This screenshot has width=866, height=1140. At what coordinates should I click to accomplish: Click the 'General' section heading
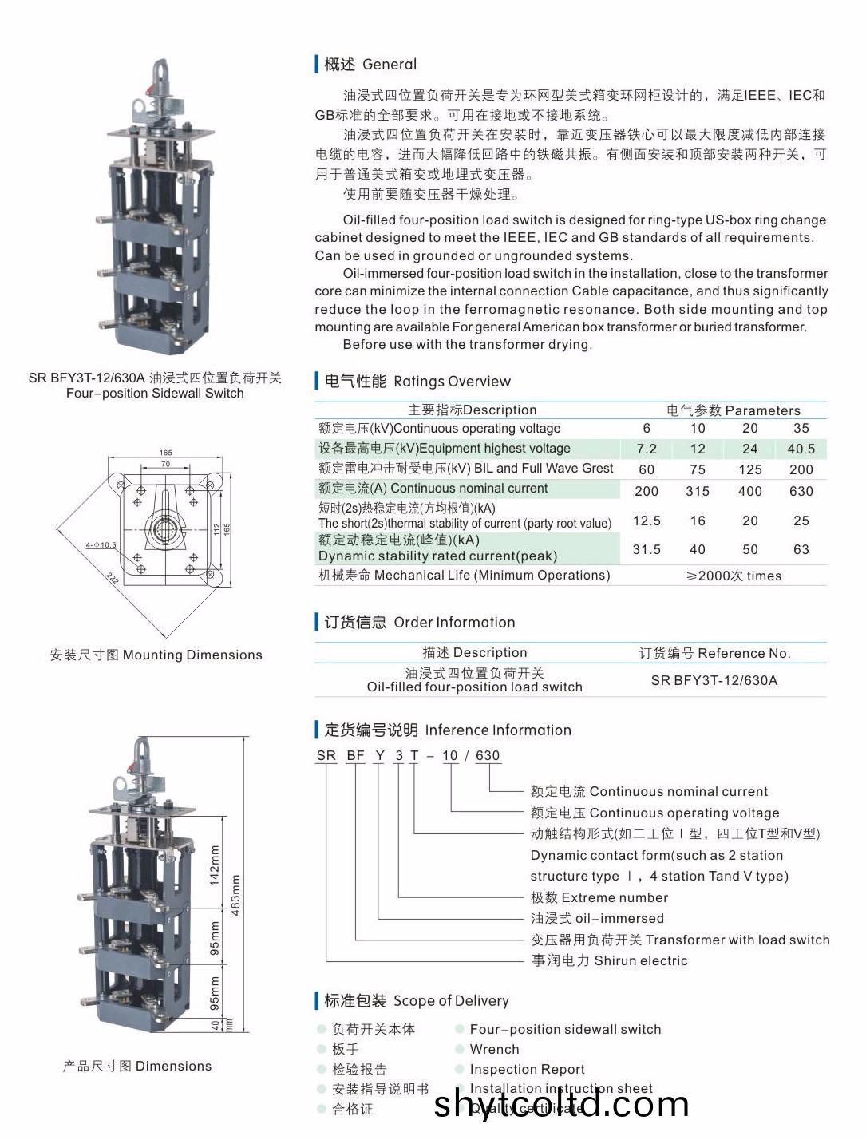pos(389,65)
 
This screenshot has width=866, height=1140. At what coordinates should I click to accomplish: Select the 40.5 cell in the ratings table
pos(801,449)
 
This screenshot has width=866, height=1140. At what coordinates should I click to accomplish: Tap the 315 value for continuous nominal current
pos(698,491)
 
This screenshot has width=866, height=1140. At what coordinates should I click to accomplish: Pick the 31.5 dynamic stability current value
pos(647,549)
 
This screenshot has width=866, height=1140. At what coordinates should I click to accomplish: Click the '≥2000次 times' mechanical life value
pos(734,576)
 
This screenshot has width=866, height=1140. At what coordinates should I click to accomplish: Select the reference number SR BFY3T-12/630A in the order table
pos(714,680)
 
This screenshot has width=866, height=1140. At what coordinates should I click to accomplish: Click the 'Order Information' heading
pos(454,623)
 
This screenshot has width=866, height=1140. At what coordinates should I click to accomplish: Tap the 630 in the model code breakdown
pos(488,755)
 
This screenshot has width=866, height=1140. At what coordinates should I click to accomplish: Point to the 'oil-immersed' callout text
pos(619,918)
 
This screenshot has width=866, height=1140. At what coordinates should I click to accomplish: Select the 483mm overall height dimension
pos(236,895)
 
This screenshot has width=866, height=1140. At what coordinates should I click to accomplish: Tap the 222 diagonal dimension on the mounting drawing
pos(113,578)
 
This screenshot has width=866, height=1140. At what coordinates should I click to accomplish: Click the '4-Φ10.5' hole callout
pos(101,545)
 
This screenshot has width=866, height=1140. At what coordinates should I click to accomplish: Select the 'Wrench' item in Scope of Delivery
pos(494,1049)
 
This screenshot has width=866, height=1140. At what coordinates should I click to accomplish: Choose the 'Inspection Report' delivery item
pos(527,1069)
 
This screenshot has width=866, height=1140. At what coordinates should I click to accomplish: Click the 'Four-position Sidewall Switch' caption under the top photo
pos(155,393)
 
